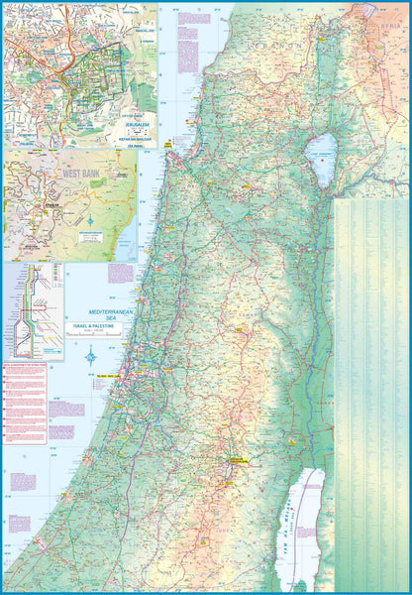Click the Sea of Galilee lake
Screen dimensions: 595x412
321,155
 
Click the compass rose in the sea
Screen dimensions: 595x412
91,355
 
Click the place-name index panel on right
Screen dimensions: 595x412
370,387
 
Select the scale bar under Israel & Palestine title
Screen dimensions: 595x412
91,335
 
